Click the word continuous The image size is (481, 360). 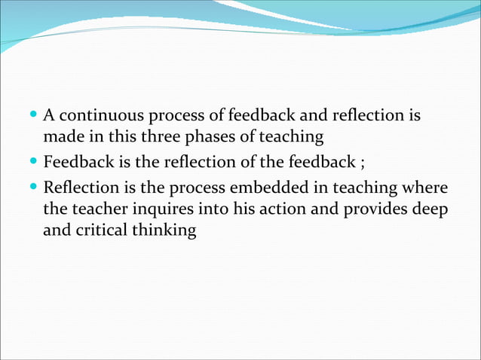point(96,117)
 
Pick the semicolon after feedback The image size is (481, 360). point(363,161)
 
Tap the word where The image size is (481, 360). point(426,186)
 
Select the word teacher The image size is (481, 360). point(98,209)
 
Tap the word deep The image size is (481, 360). point(430,209)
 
